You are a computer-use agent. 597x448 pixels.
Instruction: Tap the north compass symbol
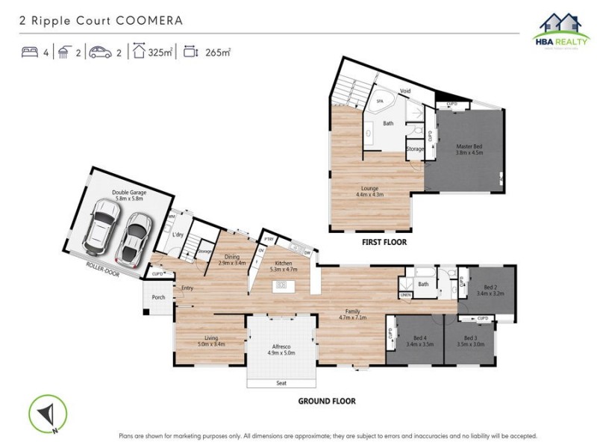pyautogui.click(x=48, y=414)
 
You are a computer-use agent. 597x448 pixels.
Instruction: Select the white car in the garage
pyautogui.click(x=101, y=226)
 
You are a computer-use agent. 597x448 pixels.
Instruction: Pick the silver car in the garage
pyautogui.click(x=134, y=238)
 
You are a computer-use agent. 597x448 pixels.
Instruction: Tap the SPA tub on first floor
pyautogui.click(x=380, y=100)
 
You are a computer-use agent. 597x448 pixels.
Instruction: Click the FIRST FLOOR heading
pyautogui.click(x=384, y=243)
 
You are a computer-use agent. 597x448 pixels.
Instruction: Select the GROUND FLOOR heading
pyautogui.click(x=327, y=401)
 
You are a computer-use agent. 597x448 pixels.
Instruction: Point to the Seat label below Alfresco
pyautogui.click(x=281, y=383)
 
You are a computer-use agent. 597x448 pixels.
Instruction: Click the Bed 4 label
pyautogui.click(x=419, y=340)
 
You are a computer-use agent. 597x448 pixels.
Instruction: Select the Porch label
pyautogui.click(x=158, y=297)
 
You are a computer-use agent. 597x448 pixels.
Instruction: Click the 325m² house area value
pyautogui.click(x=160, y=52)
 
